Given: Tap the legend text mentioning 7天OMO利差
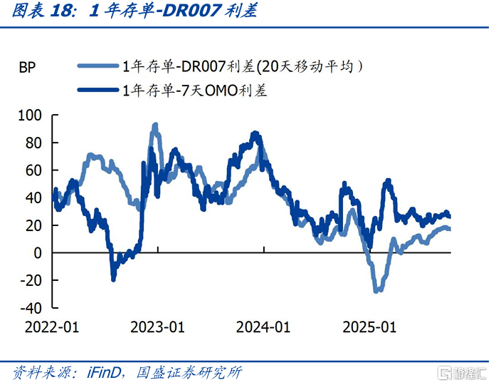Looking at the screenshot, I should point(195,90).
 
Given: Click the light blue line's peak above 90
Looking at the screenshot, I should point(155,125).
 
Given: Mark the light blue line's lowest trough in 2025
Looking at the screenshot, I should point(377,291).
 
